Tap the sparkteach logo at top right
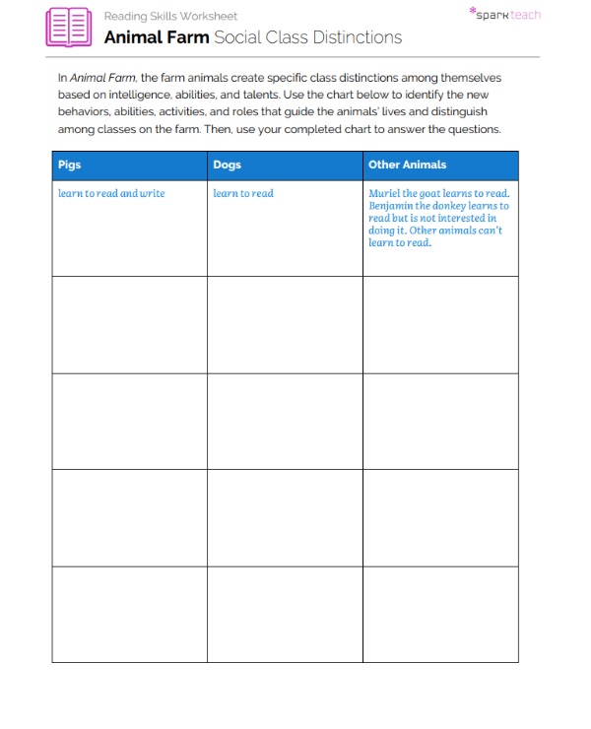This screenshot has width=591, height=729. pos(505,15)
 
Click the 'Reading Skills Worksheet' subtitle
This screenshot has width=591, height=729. pos(170,17)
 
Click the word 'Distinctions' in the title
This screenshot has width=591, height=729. pos(356,37)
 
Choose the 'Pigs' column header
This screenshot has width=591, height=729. pos(70,165)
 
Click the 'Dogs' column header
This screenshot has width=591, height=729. pos(227,165)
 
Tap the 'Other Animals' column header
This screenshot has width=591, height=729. pos(407,165)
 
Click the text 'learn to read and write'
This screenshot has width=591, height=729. pos(111,193)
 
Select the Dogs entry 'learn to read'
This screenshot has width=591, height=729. pos(243,193)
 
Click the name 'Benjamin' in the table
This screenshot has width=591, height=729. pos(391,206)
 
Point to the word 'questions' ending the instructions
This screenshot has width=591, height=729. pos(477,129)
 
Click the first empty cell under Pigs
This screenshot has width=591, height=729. pos(129,324)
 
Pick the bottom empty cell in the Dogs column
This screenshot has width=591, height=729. pos(285,614)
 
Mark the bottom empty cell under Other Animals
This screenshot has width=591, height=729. pos(440,614)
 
